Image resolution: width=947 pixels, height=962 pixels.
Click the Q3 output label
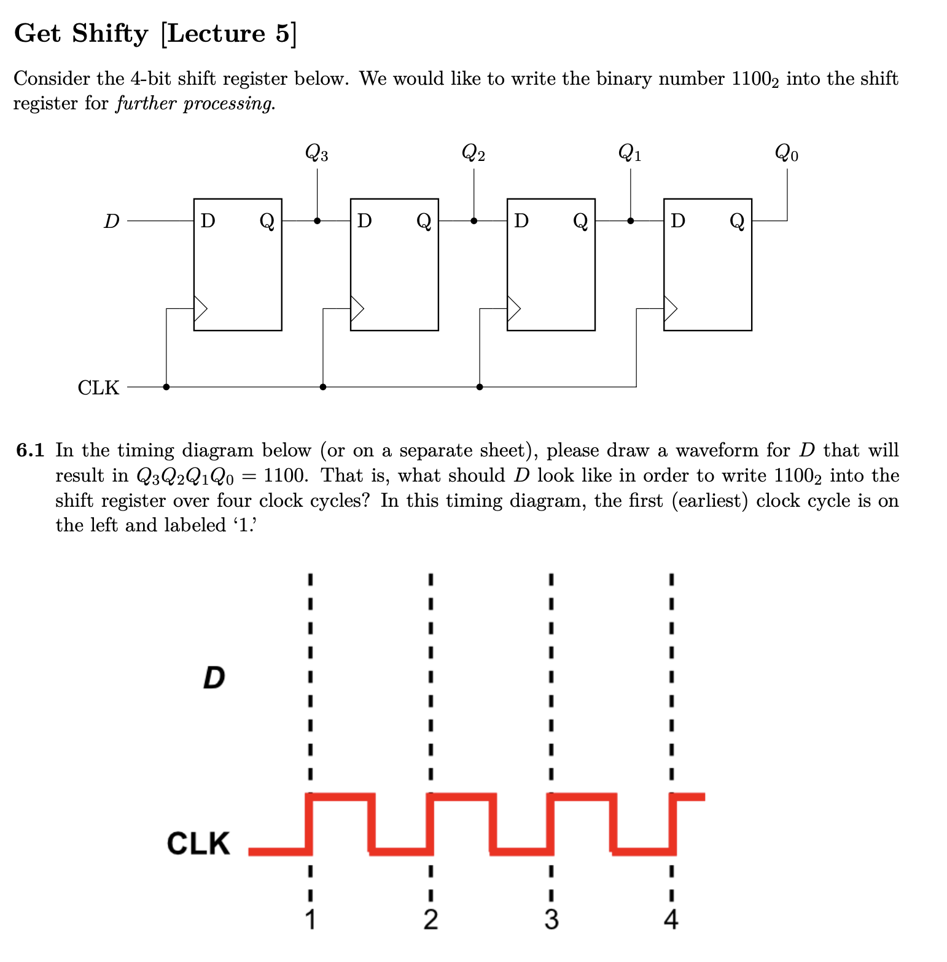(316, 152)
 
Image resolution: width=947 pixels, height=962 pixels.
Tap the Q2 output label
(473, 152)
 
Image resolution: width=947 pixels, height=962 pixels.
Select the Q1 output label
(629, 152)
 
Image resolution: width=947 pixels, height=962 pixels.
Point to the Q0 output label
(786, 152)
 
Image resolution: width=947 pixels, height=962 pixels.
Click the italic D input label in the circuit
(111, 221)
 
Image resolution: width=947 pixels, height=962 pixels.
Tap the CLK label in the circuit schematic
(98, 388)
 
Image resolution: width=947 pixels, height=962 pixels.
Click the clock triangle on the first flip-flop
(200, 308)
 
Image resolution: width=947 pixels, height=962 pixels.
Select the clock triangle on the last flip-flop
(670, 308)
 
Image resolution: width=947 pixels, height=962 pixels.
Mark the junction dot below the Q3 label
(317, 221)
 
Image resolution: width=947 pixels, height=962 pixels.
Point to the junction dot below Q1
(630, 221)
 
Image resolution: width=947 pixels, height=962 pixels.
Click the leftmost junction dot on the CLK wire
(166, 387)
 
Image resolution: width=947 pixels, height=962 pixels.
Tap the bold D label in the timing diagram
(214, 678)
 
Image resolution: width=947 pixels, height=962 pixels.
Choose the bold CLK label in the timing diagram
(198, 843)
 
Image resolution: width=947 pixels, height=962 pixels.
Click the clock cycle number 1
(310, 920)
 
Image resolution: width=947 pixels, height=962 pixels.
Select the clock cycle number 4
(671, 920)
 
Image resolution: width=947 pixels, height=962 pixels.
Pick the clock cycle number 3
(551, 920)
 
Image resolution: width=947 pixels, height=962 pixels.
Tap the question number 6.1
(30, 451)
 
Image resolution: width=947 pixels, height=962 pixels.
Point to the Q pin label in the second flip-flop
(424, 221)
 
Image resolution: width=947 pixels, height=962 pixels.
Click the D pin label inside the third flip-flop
(521, 221)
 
